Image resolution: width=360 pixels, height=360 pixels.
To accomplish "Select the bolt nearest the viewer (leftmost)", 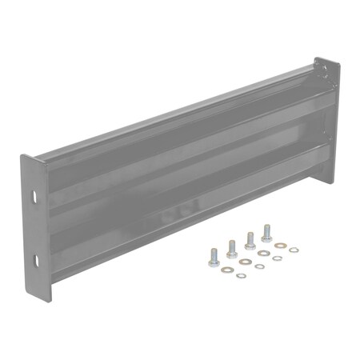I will point(214,257).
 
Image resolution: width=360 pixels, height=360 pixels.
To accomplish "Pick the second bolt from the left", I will point(232,250).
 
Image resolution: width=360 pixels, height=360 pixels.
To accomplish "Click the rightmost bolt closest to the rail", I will point(266,234).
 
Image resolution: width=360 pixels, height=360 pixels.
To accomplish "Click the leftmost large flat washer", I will point(227,269).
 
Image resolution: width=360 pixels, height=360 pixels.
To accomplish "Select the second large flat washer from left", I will point(245,262).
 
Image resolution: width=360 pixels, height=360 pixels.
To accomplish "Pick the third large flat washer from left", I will point(264,254).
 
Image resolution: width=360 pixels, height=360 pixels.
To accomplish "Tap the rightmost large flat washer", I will point(280,246).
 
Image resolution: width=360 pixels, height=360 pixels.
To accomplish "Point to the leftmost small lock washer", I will point(241,275).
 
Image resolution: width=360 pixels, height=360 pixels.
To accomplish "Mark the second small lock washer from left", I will point(260,266).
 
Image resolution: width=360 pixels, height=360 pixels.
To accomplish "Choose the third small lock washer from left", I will point(277,258).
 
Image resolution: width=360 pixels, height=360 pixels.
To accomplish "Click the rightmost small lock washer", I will point(294,250).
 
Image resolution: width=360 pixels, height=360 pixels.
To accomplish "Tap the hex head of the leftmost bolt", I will point(214,262).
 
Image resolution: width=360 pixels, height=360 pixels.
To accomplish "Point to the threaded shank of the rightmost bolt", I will point(266,229).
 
